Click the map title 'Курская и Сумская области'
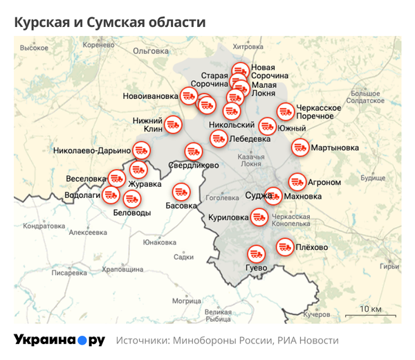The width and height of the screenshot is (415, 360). point(110,22)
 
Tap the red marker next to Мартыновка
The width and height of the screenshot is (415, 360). point(299,147)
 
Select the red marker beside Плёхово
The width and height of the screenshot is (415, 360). point(284,246)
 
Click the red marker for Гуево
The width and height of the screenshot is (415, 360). point(256,253)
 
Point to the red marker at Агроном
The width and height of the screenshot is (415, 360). point(297,181)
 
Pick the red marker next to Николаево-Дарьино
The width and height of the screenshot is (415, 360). point(141,150)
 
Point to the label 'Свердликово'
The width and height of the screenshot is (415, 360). point(194,166)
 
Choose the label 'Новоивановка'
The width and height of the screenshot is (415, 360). point(150,96)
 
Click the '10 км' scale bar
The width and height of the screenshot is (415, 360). point(371,310)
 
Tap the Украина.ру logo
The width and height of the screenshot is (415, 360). point(59,340)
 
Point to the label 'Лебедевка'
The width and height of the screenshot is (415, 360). point(250,138)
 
